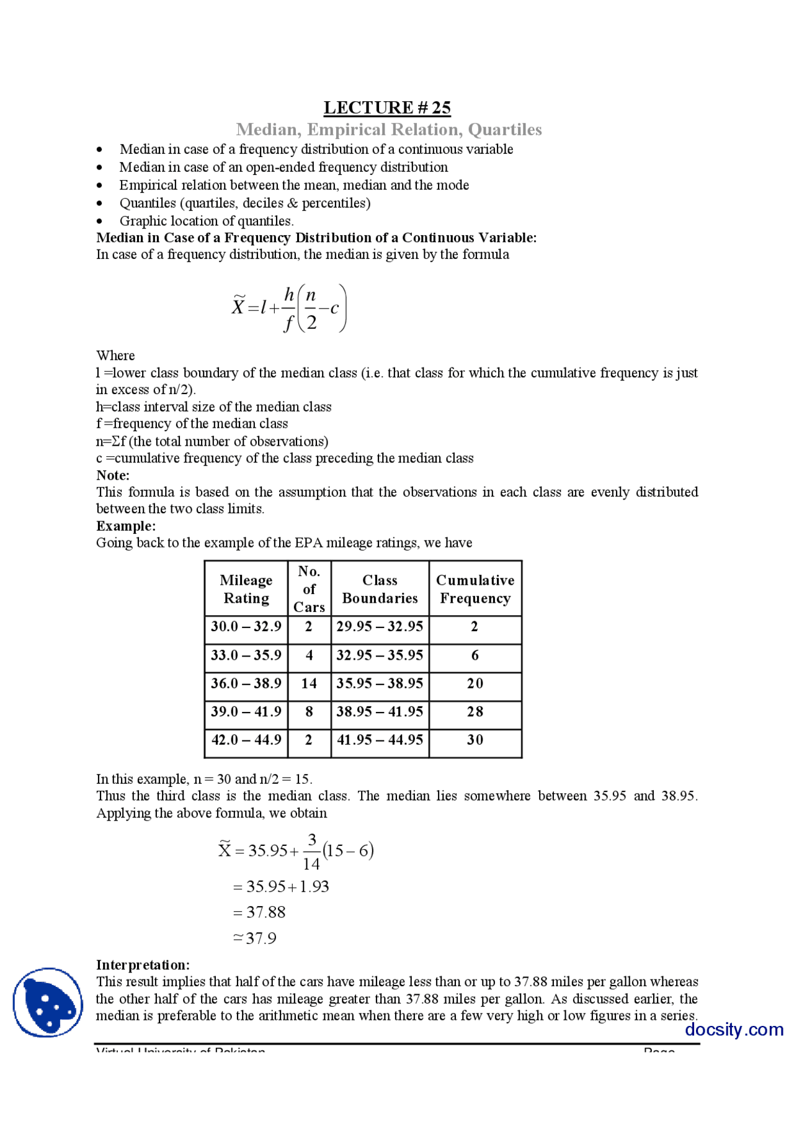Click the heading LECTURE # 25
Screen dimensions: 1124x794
387,107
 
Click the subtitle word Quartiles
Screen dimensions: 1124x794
504,129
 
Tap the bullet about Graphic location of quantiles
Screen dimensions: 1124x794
207,221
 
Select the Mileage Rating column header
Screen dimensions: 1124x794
246,588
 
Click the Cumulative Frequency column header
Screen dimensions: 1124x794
475,588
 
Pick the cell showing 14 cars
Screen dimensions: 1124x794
309,683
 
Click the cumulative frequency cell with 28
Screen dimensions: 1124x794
475,711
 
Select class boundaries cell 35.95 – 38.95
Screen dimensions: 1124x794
380,683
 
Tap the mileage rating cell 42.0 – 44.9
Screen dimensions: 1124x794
246,740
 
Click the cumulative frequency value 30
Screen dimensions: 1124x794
475,740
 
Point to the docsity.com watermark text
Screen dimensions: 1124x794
734,1029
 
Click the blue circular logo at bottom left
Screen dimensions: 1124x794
48,1002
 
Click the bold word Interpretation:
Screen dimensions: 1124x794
143,964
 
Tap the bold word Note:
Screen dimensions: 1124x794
113,475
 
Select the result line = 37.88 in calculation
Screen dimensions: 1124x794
259,912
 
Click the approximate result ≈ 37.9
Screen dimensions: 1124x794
255,938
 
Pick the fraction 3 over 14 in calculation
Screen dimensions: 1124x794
311,852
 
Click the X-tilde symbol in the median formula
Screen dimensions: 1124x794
238,307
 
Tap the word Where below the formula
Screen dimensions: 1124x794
115,356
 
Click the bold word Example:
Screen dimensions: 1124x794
126,526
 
